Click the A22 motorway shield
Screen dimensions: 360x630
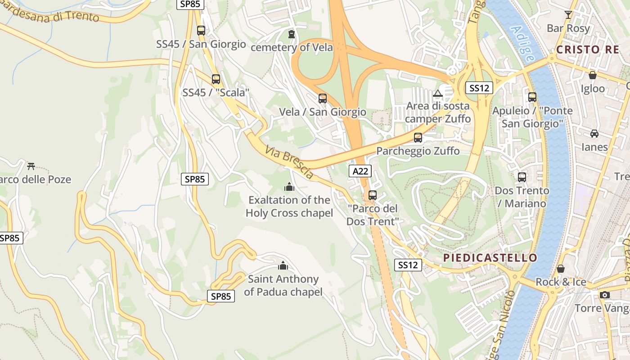tap(360, 171)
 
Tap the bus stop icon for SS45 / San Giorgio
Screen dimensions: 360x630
tap(201, 31)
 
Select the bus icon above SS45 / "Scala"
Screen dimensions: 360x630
tap(216, 79)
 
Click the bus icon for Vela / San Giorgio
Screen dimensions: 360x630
tap(322, 99)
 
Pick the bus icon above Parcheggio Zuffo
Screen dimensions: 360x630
tap(418, 138)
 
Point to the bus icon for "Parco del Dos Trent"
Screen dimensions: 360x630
tap(373, 195)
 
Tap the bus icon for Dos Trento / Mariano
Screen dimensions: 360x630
tap(522, 177)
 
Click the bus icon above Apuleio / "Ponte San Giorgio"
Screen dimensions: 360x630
tap(532, 97)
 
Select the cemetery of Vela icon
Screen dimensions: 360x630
tap(292, 34)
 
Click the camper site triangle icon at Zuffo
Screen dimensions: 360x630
tap(437, 94)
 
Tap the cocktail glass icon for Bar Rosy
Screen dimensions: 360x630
tap(568, 15)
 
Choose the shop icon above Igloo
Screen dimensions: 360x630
tap(593, 75)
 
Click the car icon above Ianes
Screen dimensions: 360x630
tap(594, 134)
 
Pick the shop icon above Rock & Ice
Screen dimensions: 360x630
tap(561, 269)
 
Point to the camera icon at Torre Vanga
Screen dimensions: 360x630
tap(605, 295)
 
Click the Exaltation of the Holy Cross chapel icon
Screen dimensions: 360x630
tap(289, 186)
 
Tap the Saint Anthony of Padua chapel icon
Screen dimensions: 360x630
tap(283, 265)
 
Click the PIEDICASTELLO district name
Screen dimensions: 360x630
tap(490, 258)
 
